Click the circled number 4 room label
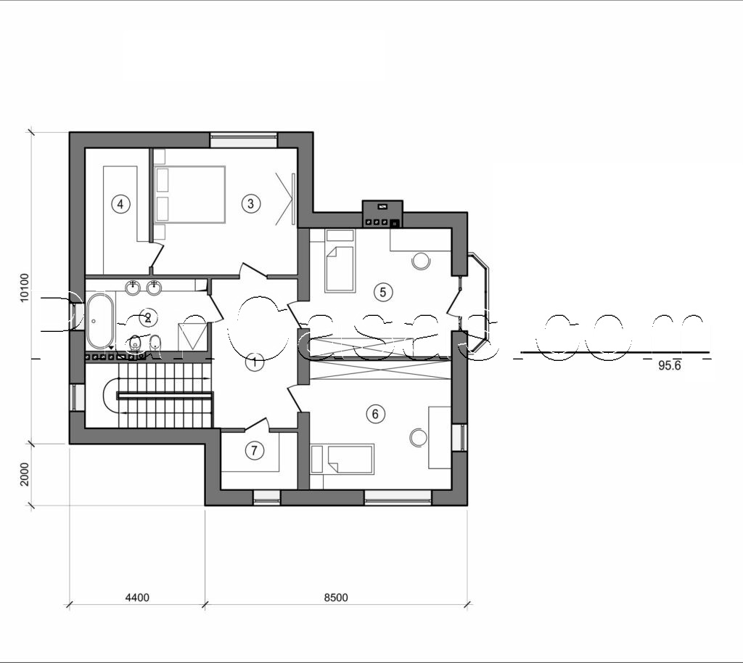(121, 204)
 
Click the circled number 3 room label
(250, 203)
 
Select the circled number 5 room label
(382, 292)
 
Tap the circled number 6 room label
(374, 414)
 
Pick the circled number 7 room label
(253, 451)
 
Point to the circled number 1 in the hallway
(254, 362)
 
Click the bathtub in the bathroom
(100, 320)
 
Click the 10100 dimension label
(24, 288)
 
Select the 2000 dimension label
(24, 474)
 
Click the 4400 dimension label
(137, 598)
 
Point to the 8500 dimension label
(336, 598)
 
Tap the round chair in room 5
(421, 261)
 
